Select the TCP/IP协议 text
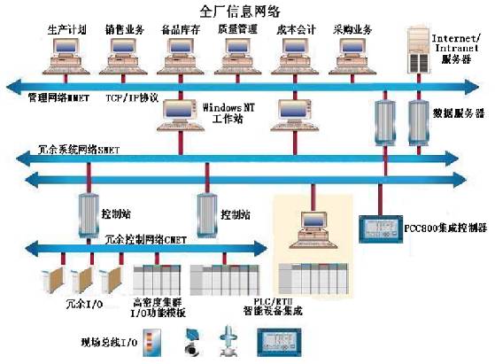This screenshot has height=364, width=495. click(132, 97)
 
